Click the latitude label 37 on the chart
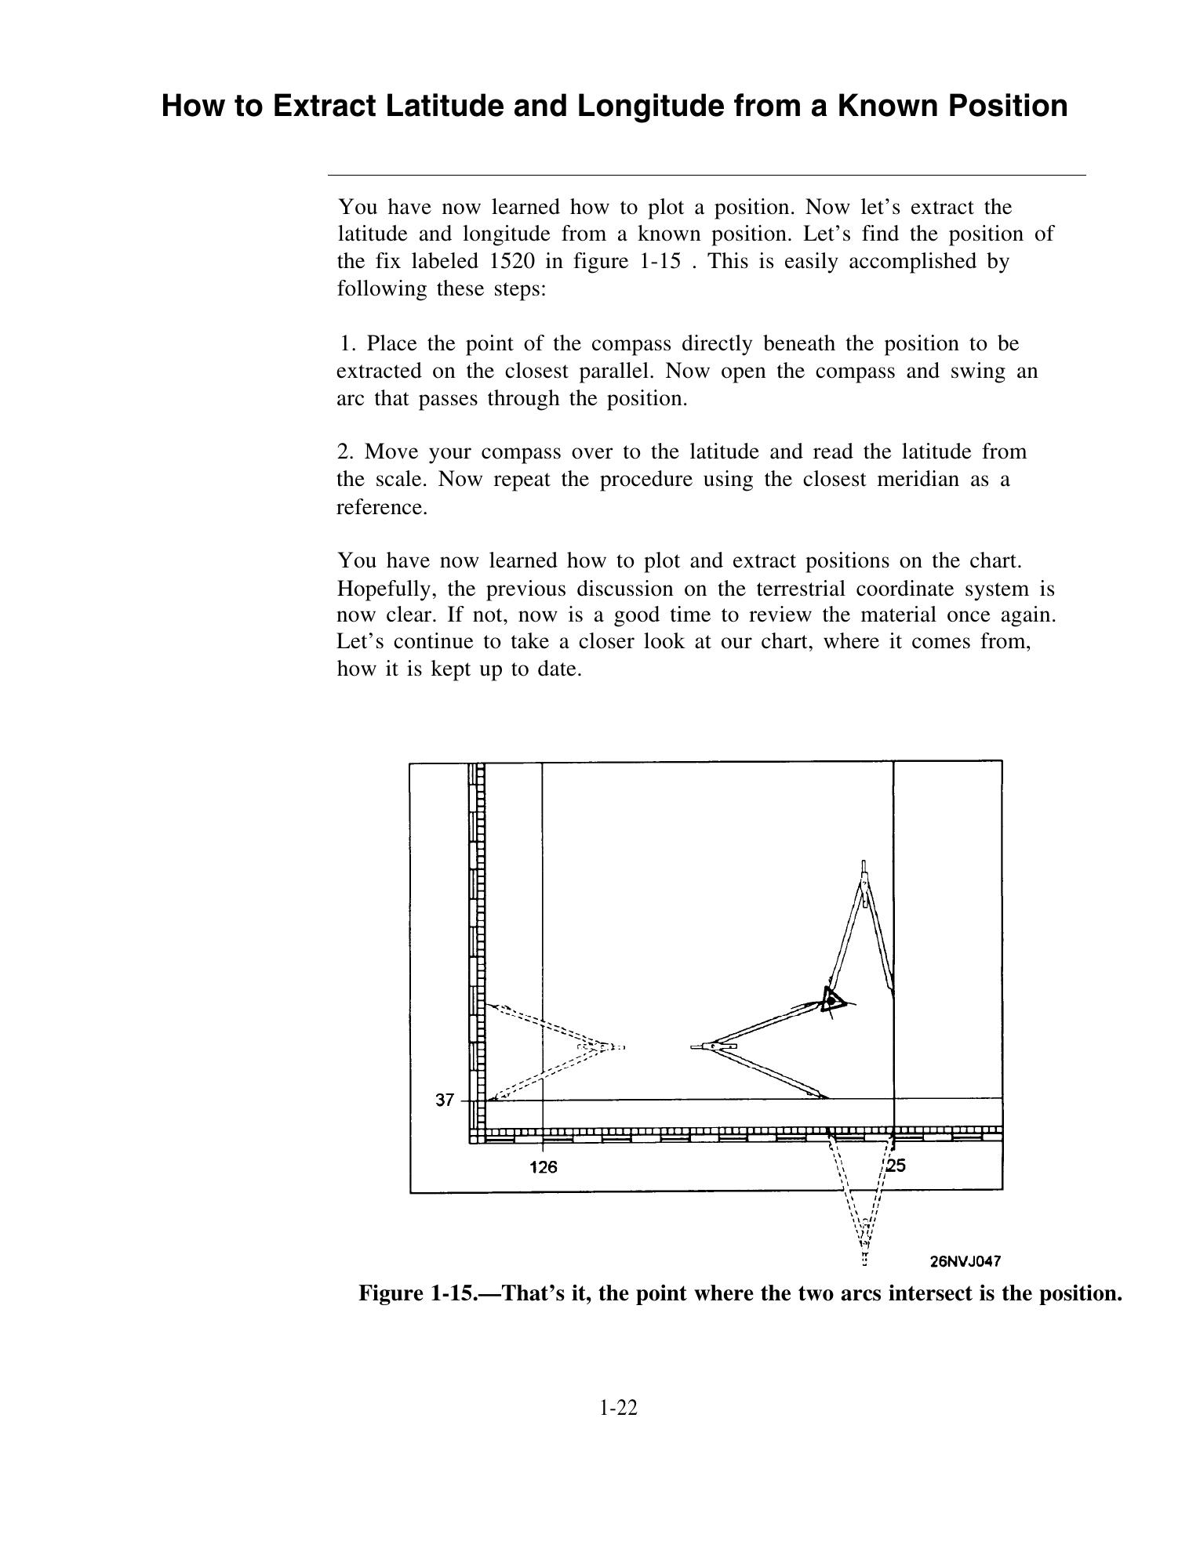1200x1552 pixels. click(445, 1100)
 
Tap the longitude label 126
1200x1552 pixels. click(543, 1167)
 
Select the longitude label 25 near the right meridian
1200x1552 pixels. click(896, 1166)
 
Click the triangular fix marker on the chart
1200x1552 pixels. click(831, 999)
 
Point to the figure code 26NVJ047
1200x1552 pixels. click(965, 1261)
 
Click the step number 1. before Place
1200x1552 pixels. click(349, 344)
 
